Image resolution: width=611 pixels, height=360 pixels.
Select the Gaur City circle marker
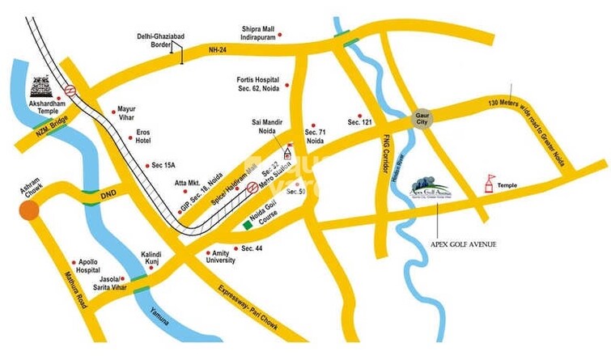[x=421, y=118]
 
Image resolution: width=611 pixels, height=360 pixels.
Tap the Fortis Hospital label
[x=257, y=86]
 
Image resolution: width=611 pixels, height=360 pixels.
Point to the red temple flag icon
[x=488, y=184]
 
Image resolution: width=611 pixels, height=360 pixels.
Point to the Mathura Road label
[x=69, y=290]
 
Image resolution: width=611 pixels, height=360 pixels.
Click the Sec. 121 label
[x=359, y=121]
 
